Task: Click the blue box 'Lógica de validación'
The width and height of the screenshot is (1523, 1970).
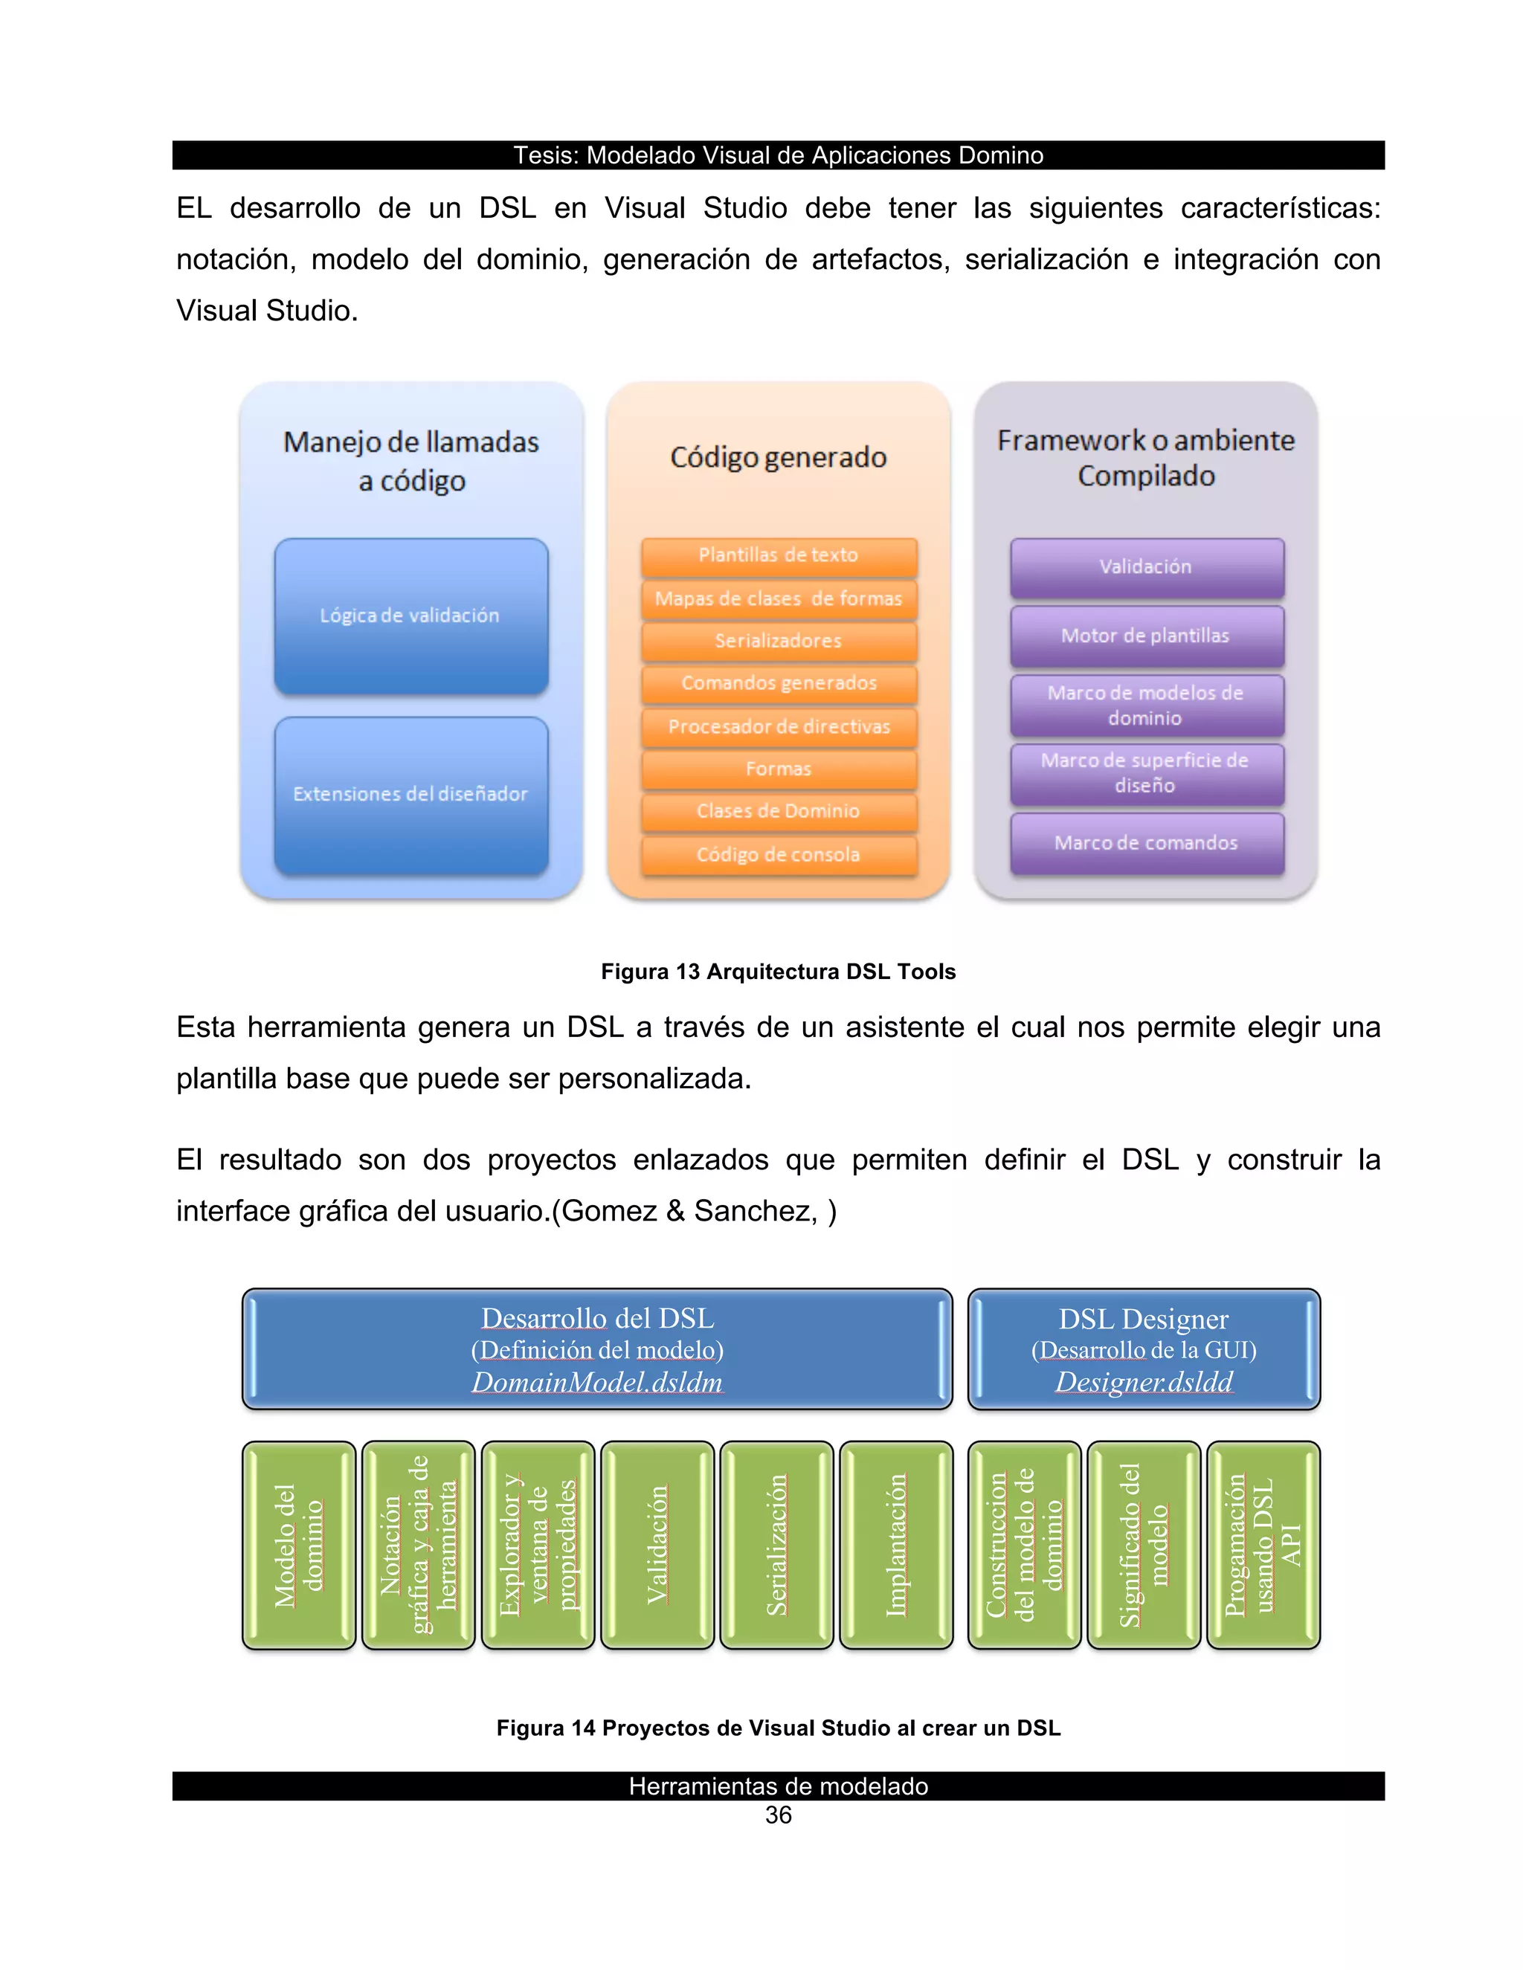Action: click(410, 616)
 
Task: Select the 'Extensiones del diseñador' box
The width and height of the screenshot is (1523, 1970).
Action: click(410, 795)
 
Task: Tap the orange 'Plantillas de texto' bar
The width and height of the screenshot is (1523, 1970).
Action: click(779, 555)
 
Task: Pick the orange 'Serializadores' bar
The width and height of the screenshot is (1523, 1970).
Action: click(779, 642)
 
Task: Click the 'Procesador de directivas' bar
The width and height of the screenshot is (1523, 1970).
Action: click(779, 727)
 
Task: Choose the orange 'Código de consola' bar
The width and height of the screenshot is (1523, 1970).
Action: click(779, 855)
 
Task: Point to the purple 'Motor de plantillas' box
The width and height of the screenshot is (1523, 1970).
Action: click(1146, 636)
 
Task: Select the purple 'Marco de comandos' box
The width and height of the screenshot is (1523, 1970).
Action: click(1146, 844)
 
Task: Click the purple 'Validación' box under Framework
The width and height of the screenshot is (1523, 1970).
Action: click(1146, 567)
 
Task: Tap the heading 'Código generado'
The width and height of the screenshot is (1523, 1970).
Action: click(779, 457)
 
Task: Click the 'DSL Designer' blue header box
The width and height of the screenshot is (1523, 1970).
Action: click(1144, 1349)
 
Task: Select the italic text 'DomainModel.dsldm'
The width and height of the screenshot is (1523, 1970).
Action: click(597, 1382)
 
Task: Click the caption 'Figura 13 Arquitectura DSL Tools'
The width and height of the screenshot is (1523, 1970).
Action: click(778, 972)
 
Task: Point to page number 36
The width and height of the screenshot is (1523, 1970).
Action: click(778, 1816)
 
